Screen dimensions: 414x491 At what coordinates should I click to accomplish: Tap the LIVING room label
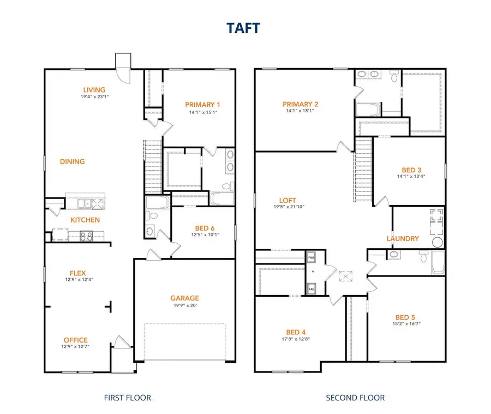click(x=94, y=90)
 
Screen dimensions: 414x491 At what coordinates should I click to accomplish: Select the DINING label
click(x=73, y=161)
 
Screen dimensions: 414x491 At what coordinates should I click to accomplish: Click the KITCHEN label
click(x=85, y=220)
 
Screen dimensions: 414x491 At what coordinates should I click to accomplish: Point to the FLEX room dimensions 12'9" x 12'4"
click(x=77, y=281)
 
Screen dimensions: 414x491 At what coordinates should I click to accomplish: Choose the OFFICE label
click(x=75, y=340)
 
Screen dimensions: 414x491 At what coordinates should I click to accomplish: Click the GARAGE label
click(x=184, y=298)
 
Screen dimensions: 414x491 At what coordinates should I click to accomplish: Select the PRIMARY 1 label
click(x=202, y=105)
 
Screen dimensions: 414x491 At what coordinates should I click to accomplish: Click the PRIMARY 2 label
click(x=300, y=104)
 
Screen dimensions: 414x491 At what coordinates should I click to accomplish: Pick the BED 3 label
click(x=410, y=169)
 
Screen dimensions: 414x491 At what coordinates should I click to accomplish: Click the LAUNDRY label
click(x=403, y=238)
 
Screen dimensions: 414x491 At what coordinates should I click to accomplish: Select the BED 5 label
click(x=405, y=317)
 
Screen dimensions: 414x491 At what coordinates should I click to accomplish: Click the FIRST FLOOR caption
click(x=127, y=398)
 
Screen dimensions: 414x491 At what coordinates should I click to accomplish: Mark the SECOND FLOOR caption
click(x=355, y=398)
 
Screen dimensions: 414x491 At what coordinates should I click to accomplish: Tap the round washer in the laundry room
click(x=438, y=242)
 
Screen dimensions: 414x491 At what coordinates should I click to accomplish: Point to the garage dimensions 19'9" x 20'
click(x=184, y=305)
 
